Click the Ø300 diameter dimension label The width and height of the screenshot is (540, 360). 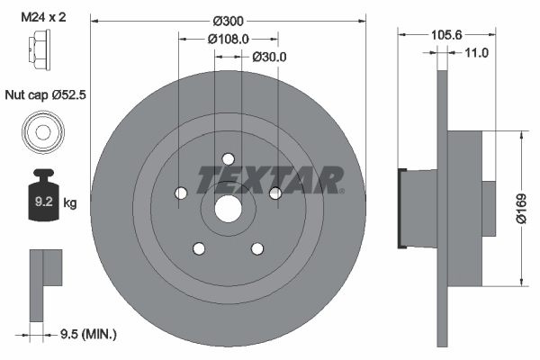230,19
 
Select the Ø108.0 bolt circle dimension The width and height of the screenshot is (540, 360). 228,39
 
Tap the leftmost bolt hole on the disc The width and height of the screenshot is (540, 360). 182,193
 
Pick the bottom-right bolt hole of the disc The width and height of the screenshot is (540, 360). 257,248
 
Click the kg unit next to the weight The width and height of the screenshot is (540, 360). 70,203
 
